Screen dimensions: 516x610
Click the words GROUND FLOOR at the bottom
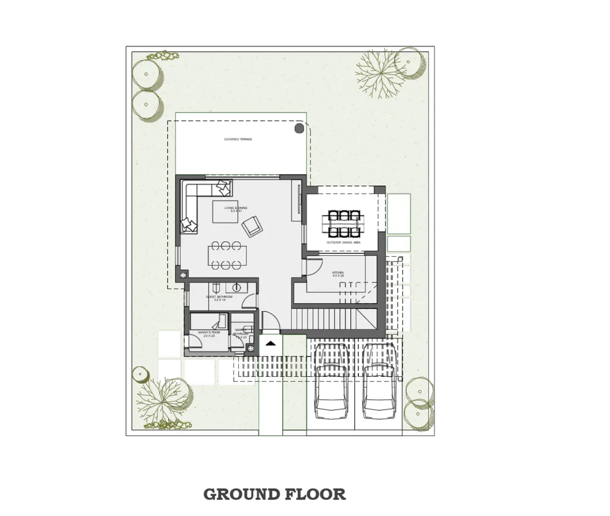(275, 494)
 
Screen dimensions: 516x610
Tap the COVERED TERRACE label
(238, 140)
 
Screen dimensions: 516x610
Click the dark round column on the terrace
(299, 128)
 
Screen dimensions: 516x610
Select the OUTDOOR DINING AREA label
(344, 243)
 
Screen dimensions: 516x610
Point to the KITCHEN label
(338, 274)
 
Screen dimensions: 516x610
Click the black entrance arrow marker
(270, 343)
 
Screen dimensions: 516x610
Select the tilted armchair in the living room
(252, 226)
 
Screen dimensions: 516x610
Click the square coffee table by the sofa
(224, 211)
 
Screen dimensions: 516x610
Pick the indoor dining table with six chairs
(226, 255)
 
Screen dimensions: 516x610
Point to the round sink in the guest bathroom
(237, 287)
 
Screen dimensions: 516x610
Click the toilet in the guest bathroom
(215, 287)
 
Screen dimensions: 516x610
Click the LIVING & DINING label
(234, 209)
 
